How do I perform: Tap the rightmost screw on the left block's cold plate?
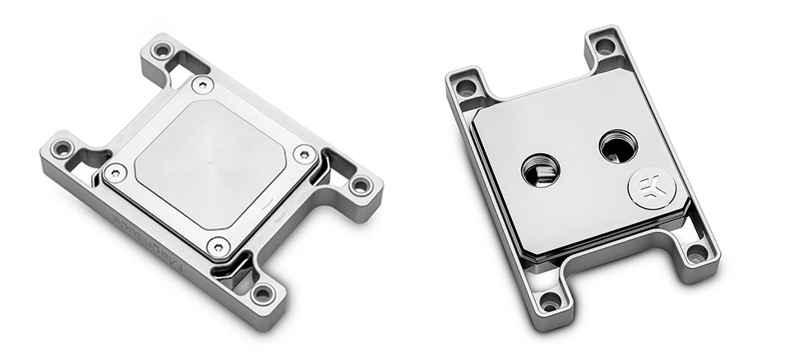coord(304,153)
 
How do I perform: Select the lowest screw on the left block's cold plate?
coord(217,243)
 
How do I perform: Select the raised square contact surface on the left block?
coord(210,164)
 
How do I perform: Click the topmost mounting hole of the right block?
coord(605,46)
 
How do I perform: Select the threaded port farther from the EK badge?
coord(540,170)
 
